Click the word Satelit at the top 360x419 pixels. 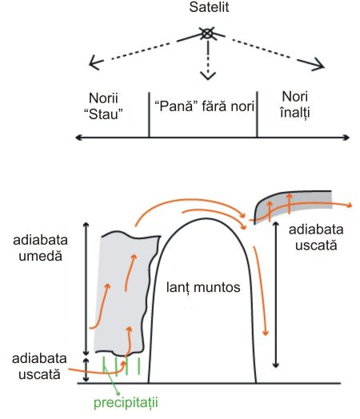click(x=209, y=7)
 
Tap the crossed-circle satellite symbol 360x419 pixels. click(x=207, y=34)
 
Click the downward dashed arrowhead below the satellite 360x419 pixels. click(x=208, y=75)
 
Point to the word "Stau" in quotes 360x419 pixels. click(x=103, y=114)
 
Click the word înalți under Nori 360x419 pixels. click(x=295, y=112)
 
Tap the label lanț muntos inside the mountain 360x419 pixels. click(x=203, y=288)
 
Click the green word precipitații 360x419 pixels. click(x=126, y=402)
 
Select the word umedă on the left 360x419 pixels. click(x=40, y=256)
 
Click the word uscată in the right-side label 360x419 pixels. click(x=316, y=245)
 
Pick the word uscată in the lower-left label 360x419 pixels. click(x=39, y=374)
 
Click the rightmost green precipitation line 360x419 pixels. click(x=138, y=365)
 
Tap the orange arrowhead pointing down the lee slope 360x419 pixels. click(x=266, y=332)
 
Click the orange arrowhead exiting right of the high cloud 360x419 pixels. click(x=349, y=206)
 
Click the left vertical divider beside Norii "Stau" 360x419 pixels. click(x=149, y=115)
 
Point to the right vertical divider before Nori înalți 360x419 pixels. click(x=257, y=114)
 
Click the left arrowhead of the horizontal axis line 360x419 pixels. click(x=78, y=138)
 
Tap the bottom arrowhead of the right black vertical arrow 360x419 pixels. click(x=276, y=365)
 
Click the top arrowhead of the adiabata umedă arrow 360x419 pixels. click(x=86, y=225)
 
